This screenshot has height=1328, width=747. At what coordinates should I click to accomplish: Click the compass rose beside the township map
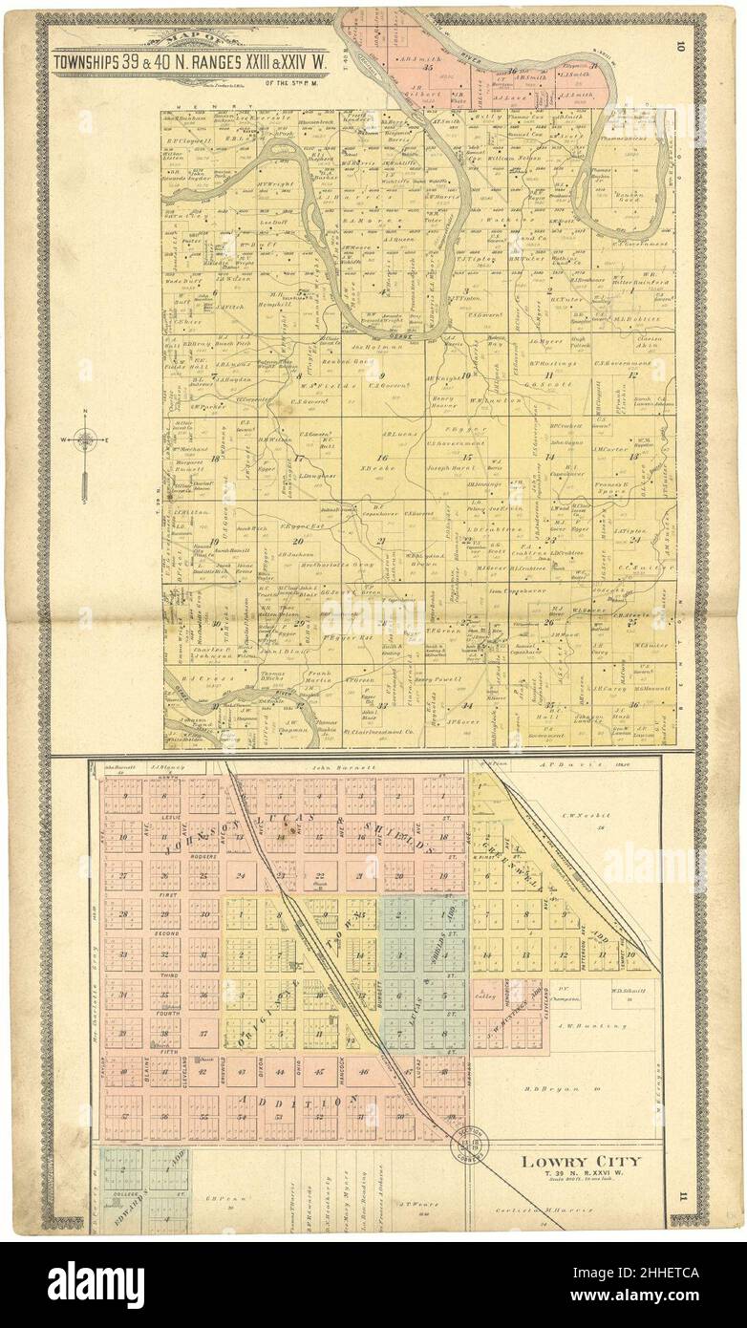click(86, 441)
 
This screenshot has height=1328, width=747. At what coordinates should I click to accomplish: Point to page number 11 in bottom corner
click(681, 1195)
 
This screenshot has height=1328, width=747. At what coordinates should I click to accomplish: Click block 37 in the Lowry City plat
click(201, 1033)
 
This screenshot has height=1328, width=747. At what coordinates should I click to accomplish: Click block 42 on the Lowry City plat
click(201, 1070)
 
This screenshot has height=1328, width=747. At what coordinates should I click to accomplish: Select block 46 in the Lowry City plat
click(363, 1071)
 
